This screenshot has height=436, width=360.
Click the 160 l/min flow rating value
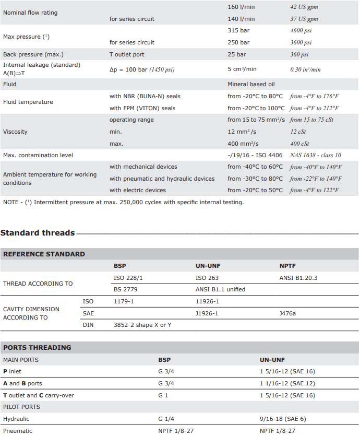pos(241,7)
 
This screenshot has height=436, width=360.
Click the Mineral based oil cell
pos(251,84)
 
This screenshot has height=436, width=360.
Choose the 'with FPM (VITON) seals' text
pos(142,108)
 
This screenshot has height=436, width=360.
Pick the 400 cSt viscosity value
pos(299,144)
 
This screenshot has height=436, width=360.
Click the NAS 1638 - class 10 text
pos(316,155)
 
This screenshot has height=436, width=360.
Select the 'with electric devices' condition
pos(138,190)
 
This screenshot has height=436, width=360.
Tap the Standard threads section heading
pos(38,233)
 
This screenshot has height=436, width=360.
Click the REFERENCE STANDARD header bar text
pos(44,254)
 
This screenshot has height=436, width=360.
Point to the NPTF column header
pos(287,266)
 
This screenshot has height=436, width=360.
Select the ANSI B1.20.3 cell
pos(298,278)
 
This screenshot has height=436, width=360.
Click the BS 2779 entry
pos(125,289)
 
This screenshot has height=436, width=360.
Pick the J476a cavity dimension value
pos(288,313)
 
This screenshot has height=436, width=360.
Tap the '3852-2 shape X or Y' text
pos(142,325)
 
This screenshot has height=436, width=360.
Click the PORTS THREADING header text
pos(37,348)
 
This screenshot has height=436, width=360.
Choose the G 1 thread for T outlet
pos(164,395)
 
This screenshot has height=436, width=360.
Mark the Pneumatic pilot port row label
pos(18,431)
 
